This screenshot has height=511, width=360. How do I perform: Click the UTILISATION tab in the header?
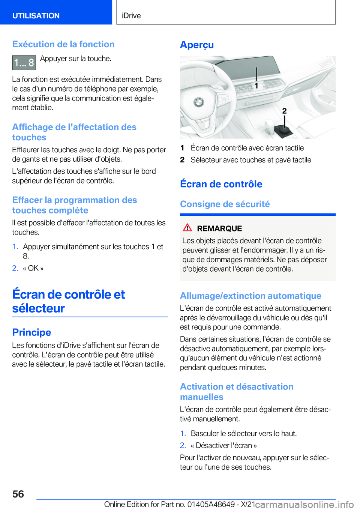tap(36, 16)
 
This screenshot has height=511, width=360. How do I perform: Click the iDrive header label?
tap(131, 16)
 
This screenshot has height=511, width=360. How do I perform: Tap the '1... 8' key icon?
tap(24, 63)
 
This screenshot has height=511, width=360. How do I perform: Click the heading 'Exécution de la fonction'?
tap(63, 44)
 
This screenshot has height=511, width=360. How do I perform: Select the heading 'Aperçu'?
tap(197, 45)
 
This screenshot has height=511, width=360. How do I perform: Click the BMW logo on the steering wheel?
tap(198, 102)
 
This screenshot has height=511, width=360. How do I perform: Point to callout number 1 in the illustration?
tap(256, 86)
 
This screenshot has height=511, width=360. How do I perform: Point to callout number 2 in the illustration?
tap(284, 111)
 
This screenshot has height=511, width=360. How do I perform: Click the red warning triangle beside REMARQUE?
tap(187, 228)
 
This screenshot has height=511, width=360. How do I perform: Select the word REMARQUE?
tap(219, 228)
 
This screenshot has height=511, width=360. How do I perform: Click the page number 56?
tap(18, 494)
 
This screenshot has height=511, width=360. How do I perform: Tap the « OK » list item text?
tap(33, 268)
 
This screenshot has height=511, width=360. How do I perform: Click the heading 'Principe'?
tap(31, 332)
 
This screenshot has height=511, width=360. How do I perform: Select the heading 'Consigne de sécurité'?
tap(225, 204)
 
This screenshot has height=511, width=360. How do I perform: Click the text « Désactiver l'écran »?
tap(224, 445)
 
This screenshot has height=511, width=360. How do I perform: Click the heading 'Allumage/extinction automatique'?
tap(250, 296)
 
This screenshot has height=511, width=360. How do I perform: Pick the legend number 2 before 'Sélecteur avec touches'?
tap(182, 160)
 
